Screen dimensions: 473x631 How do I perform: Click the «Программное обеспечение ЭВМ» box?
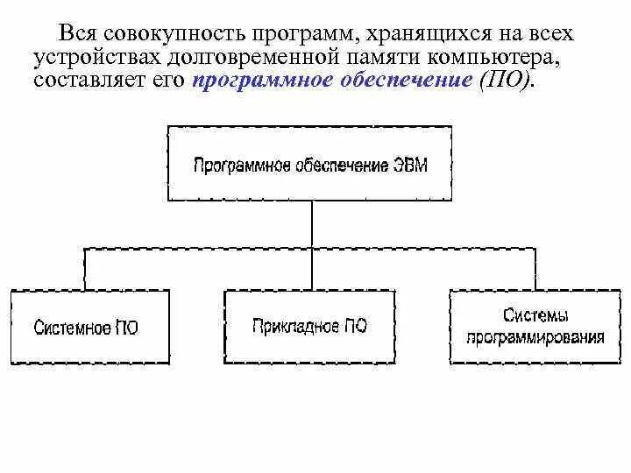click(x=310, y=165)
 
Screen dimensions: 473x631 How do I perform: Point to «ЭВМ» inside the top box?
click(x=408, y=165)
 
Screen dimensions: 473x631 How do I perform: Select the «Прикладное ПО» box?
click(x=309, y=326)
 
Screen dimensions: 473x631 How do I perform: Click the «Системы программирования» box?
click(x=535, y=326)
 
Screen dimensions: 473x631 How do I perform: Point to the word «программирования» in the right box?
click(x=535, y=336)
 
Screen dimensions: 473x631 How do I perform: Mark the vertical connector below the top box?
click(x=310, y=225)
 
